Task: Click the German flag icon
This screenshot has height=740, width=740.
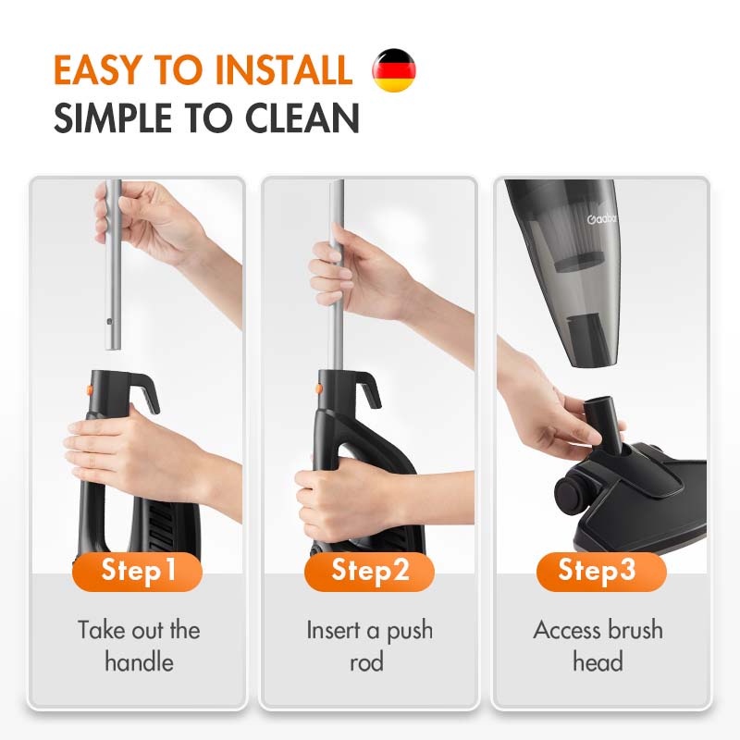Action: coord(394,70)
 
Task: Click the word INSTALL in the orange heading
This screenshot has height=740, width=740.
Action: coord(284,70)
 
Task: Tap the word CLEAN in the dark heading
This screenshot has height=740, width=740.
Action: coord(302,118)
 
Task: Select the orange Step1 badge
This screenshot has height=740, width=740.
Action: coord(137,571)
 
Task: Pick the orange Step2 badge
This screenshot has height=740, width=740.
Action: coord(369,571)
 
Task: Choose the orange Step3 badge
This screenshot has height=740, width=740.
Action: coord(601,571)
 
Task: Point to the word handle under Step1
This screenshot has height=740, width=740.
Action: coord(139,661)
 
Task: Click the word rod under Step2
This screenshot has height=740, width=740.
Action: coord(366,661)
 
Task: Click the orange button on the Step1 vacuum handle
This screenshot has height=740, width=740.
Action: coord(89,389)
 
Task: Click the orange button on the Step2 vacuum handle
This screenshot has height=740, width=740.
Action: coord(319,388)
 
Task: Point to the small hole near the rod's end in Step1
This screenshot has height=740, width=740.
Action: coord(109,322)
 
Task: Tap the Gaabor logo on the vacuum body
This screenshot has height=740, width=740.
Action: coord(602,219)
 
